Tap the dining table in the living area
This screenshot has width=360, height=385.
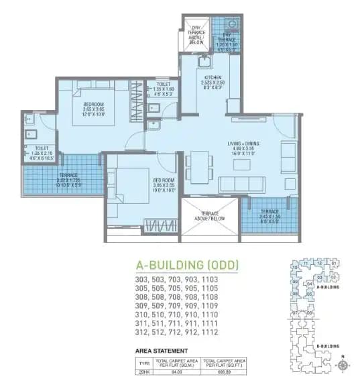click(199, 164)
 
